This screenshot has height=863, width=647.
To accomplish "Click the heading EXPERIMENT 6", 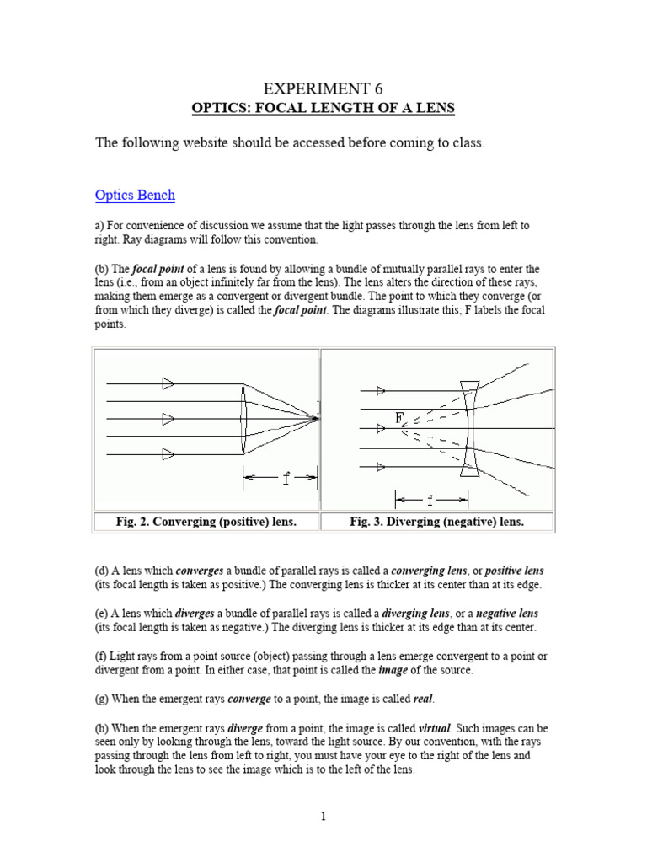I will [x=323, y=88].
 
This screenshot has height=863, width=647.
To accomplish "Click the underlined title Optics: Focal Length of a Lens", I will [x=323, y=108].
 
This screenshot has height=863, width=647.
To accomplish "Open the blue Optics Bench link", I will [x=135, y=195].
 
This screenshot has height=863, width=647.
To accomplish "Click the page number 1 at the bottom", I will [x=323, y=816].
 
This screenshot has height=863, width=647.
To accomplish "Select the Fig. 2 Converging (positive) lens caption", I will [x=206, y=522].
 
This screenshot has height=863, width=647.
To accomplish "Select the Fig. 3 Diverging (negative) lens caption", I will [x=436, y=522].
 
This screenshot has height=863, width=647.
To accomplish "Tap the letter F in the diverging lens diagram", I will [x=399, y=417].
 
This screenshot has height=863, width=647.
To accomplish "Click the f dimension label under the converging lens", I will [x=286, y=478].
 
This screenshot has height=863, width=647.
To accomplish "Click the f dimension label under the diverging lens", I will [x=430, y=500].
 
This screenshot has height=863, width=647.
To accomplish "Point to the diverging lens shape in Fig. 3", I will [x=469, y=429].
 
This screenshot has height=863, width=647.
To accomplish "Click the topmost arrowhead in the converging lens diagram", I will [x=168, y=383].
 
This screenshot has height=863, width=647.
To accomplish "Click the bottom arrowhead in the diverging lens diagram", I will [x=381, y=466].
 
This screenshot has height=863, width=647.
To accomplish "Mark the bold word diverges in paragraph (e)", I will [x=195, y=613].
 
